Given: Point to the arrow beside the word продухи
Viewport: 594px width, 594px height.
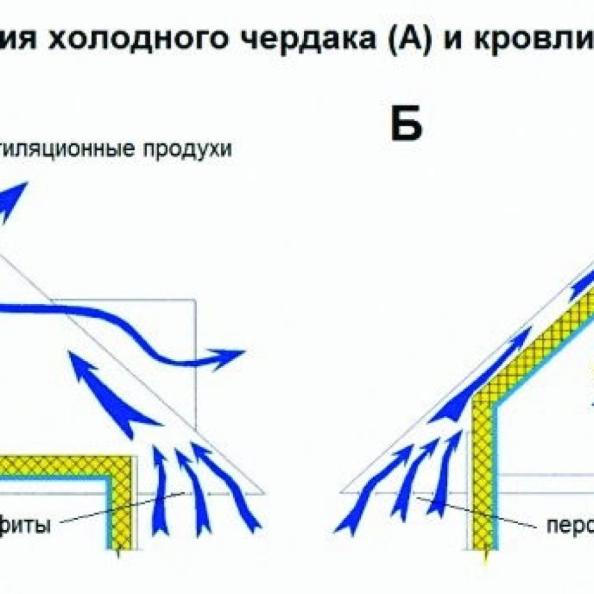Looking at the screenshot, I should [13, 199].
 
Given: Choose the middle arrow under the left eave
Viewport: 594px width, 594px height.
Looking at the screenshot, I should [193, 493].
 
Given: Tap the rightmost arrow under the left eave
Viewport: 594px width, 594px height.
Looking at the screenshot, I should [227, 487].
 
